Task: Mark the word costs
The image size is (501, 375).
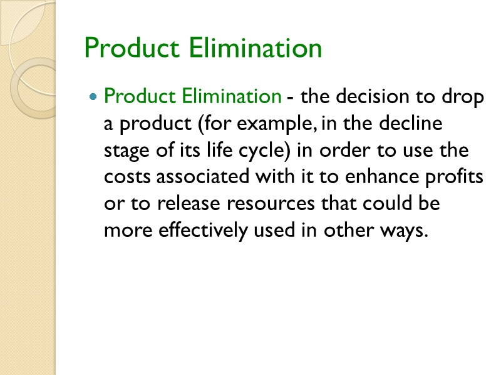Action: tap(127, 177)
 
